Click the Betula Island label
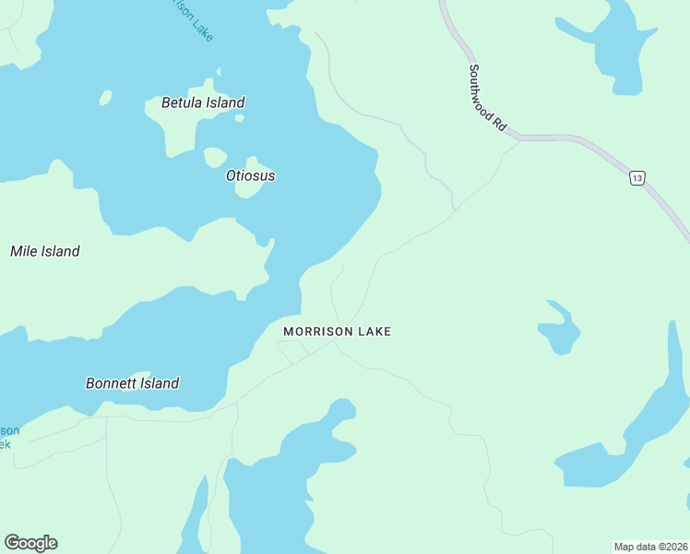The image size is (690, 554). [203, 102]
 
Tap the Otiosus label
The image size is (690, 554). [250, 175]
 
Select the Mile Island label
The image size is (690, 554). [44, 251]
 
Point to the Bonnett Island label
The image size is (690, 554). [132, 383]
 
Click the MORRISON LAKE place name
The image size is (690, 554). [337, 331]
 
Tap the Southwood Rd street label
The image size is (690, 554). [486, 96]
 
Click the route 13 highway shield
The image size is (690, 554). [636, 177]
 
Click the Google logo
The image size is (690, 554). [30, 543]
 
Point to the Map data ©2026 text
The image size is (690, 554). [649, 547]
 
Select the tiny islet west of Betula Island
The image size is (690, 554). [105, 97]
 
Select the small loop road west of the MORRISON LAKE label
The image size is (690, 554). [292, 351]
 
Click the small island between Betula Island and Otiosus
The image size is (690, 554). [214, 157]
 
